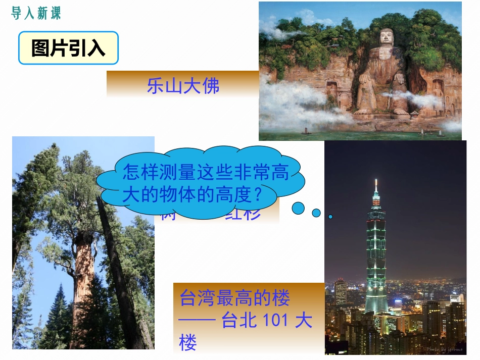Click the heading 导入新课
pos(35,14)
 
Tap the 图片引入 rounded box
pos(68,48)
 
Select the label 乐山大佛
pos(183,86)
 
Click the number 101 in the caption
pos(275,321)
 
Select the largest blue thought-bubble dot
pos(299,208)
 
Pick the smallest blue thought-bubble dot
pos(330,217)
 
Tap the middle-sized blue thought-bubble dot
pos(316,213)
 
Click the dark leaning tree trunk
pos(119,273)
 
